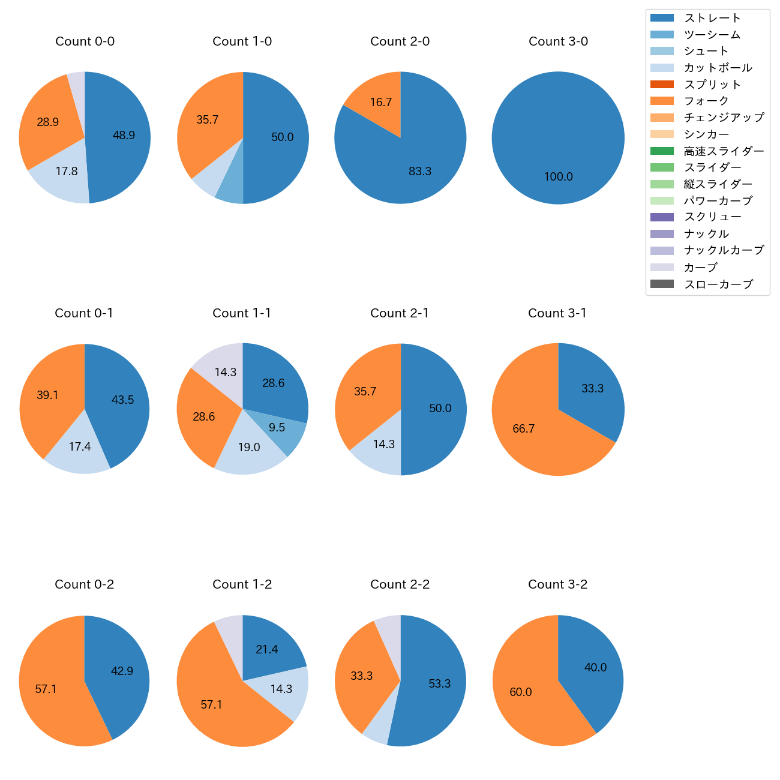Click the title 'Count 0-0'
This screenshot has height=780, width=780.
(85, 41)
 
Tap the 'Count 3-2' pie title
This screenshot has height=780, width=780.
(557, 584)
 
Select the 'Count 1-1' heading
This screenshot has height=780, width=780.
(242, 313)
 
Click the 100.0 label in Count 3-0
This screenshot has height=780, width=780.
(558, 177)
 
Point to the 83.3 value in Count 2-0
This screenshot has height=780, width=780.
(420, 172)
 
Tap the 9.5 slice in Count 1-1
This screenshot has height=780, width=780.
(277, 428)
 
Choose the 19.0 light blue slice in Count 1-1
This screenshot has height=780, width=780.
(249, 448)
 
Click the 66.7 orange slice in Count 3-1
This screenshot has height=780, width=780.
(523, 429)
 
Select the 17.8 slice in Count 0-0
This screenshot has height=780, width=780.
(67, 172)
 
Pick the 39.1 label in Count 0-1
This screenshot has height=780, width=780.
(47, 395)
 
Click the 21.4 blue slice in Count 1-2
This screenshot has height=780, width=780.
(266, 650)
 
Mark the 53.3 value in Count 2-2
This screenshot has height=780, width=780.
(439, 684)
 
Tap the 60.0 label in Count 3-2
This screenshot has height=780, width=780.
(520, 692)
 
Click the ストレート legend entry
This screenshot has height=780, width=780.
(712, 18)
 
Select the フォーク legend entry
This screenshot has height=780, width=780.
(706, 101)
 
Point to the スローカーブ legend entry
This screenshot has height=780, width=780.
(718, 284)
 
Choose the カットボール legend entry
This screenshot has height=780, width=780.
(718, 68)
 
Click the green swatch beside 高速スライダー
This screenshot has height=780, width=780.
(662, 151)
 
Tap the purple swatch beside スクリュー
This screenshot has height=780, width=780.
(662, 217)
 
